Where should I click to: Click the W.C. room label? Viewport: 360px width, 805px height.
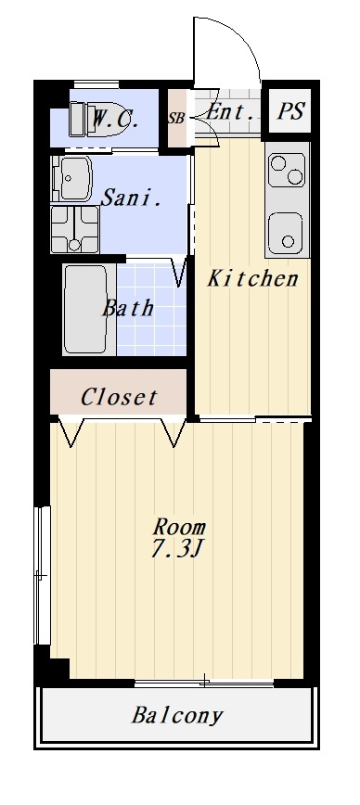click(x=114, y=121)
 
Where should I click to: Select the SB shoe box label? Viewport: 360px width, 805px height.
click(x=176, y=118)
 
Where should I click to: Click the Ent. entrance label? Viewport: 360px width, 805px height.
click(x=231, y=112)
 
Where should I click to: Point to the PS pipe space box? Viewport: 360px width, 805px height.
click(x=290, y=111)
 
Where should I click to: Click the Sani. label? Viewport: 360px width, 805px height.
click(x=132, y=198)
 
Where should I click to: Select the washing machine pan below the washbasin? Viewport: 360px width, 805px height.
click(x=75, y=229)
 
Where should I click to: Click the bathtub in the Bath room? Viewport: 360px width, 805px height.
click(x=86, y=309)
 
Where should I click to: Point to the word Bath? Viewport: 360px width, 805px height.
click(x=127, y=308)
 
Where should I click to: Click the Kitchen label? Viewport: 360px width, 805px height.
click(x=252, y=279)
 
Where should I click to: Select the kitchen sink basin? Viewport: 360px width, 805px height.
click(x=286, y=234)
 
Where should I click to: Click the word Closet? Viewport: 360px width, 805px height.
click(x=119, y=397)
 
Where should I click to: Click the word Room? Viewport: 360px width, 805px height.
click(x=179, y=527)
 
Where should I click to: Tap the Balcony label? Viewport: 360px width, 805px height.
click(x=177, y=715)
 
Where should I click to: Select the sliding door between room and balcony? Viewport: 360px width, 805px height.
click(x=204, y=683)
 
